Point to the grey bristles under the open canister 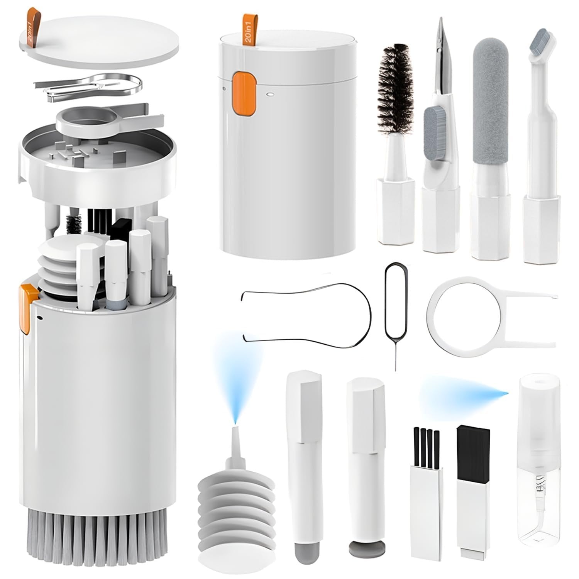click(x=96, y=540)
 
